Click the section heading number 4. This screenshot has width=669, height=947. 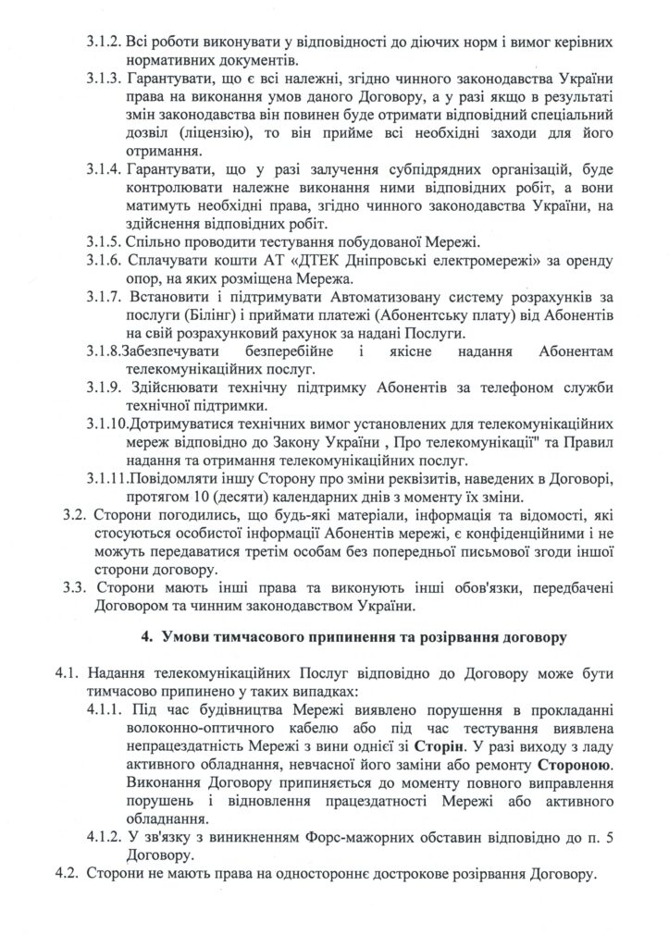(144, 638)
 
